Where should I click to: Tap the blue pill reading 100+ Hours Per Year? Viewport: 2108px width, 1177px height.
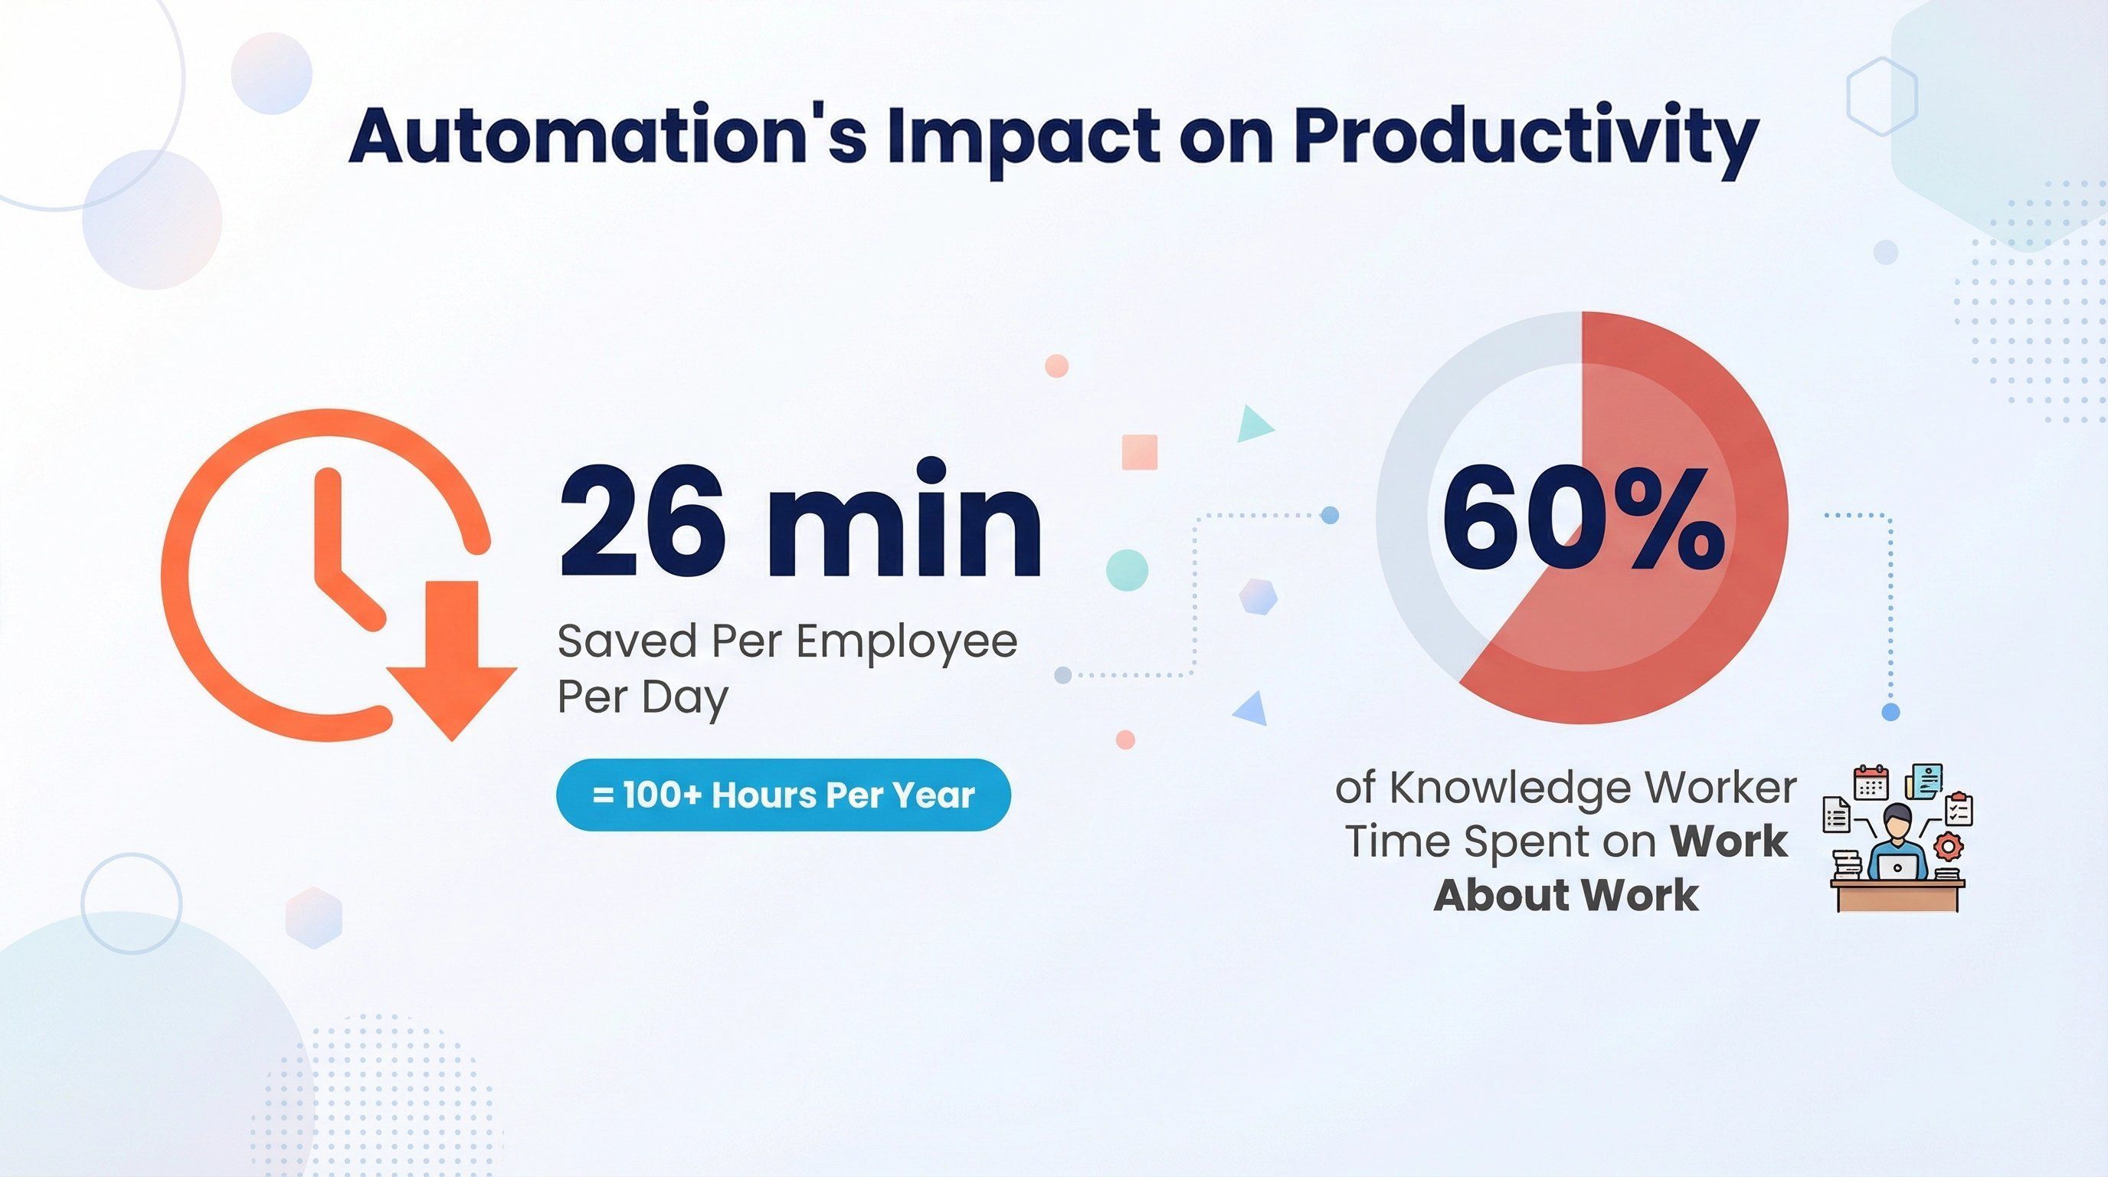point(783,795)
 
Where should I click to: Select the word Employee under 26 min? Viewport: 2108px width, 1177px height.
point(906,641)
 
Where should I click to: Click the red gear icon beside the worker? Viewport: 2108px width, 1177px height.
point(1950,844)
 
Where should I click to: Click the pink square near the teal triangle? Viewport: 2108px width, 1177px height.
point(1139,452)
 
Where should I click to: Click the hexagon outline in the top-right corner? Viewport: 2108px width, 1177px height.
point(1882,97)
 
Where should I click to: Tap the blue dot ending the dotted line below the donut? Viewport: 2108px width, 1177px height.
point(1890,712)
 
